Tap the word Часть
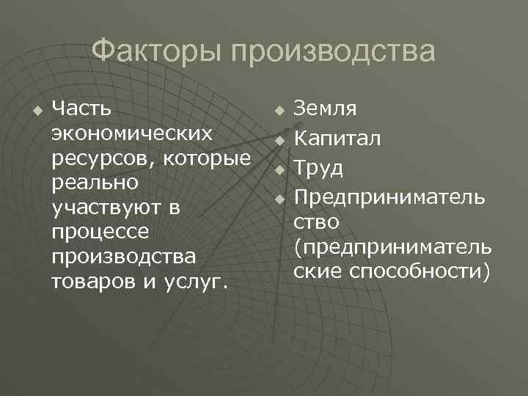tap(81, 109)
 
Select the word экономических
tap(133, 134)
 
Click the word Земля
tap(326, 109)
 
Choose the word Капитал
tap(337, 139)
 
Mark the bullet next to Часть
tap(37, 110)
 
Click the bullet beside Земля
tap(279, 110)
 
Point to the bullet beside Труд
tap(279, 169)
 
